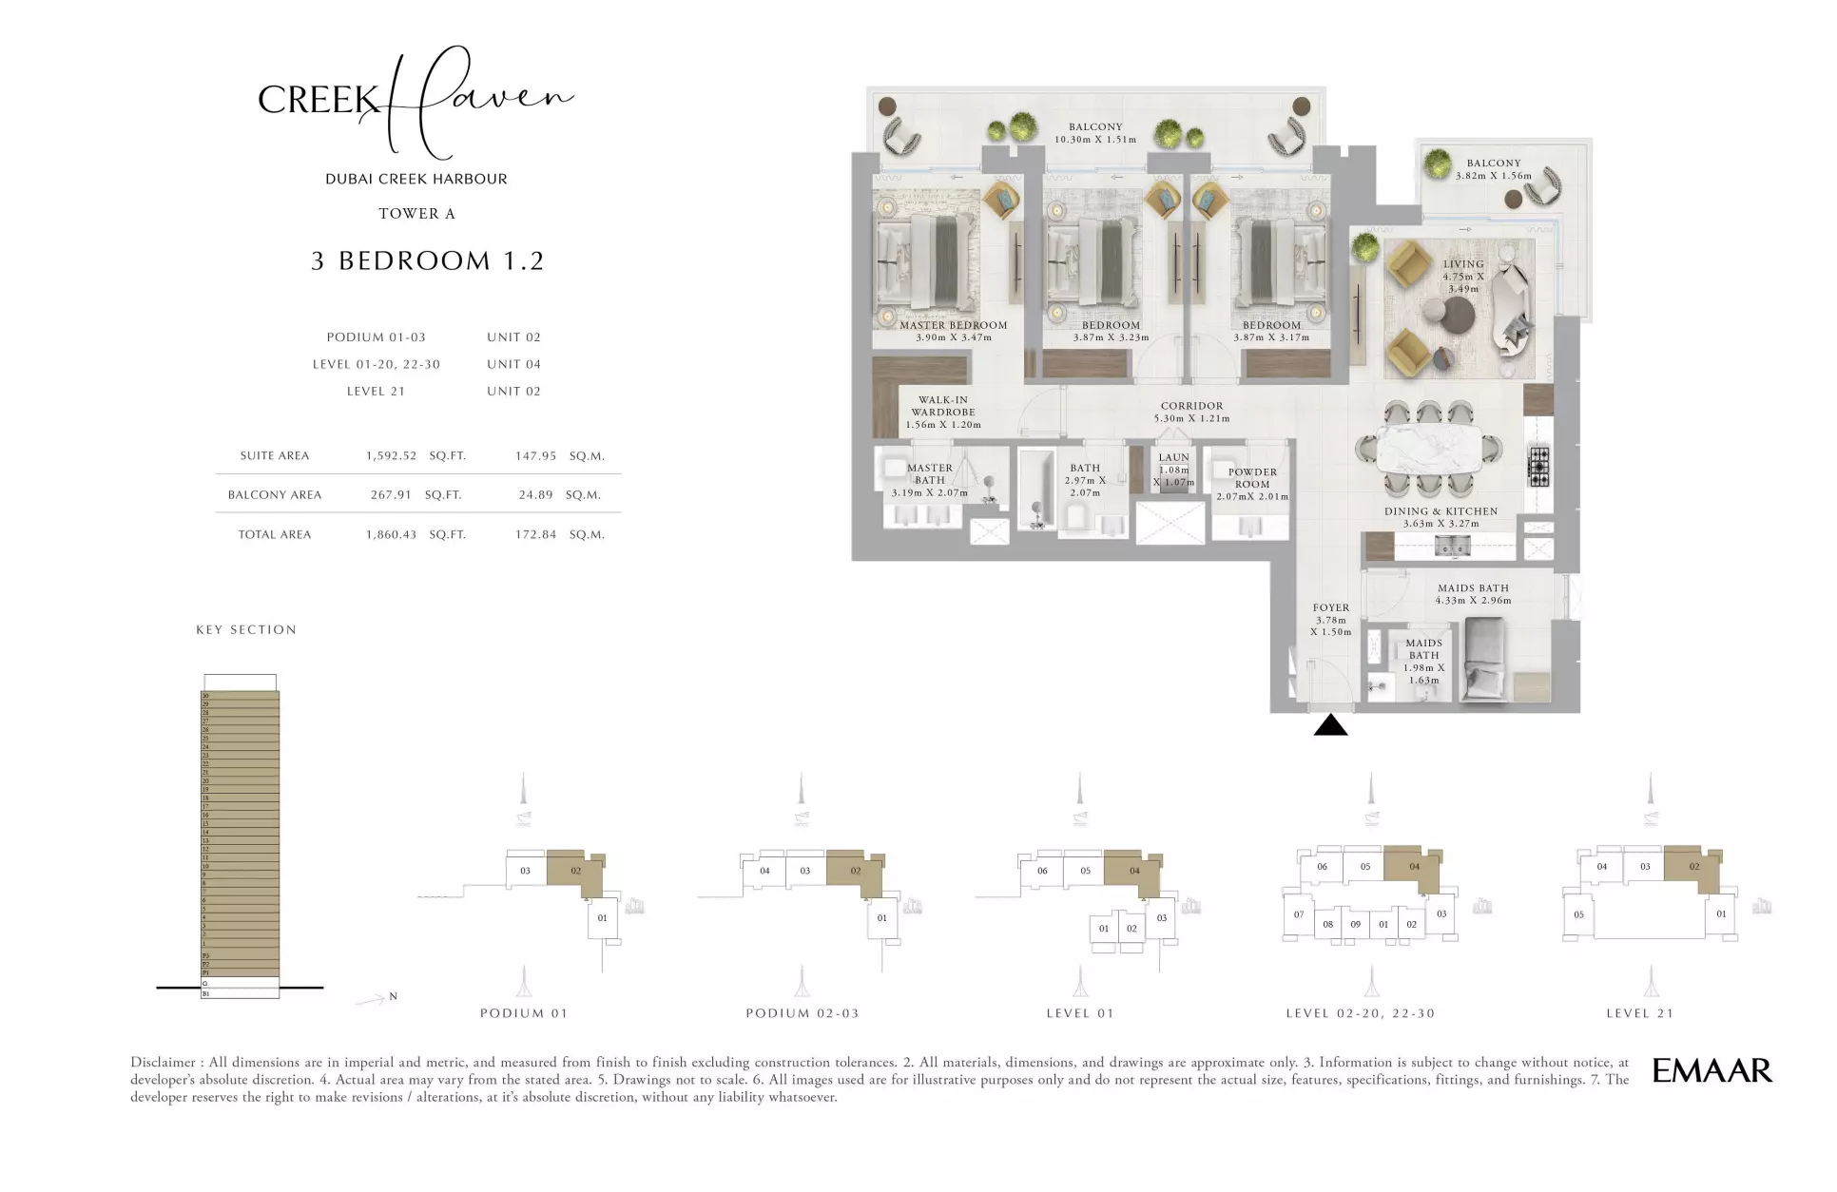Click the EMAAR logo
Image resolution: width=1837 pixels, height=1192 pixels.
1711,1070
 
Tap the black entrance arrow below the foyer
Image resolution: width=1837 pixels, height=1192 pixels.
1330,726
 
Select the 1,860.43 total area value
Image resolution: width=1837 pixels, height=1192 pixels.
391,534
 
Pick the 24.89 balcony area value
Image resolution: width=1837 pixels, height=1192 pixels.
535,494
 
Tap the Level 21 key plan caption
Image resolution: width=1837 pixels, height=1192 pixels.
1639,1013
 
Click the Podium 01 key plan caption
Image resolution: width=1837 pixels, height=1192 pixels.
523,1013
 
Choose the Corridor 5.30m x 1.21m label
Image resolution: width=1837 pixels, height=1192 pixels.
1191,412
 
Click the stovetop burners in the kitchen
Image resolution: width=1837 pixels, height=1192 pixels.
1537,467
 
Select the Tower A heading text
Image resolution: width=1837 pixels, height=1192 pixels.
416,214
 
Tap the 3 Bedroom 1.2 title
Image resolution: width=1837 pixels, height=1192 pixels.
427,260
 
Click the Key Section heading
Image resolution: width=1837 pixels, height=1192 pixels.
246,629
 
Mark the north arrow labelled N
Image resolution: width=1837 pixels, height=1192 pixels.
377,998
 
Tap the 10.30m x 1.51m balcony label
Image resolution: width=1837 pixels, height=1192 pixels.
1095,133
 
